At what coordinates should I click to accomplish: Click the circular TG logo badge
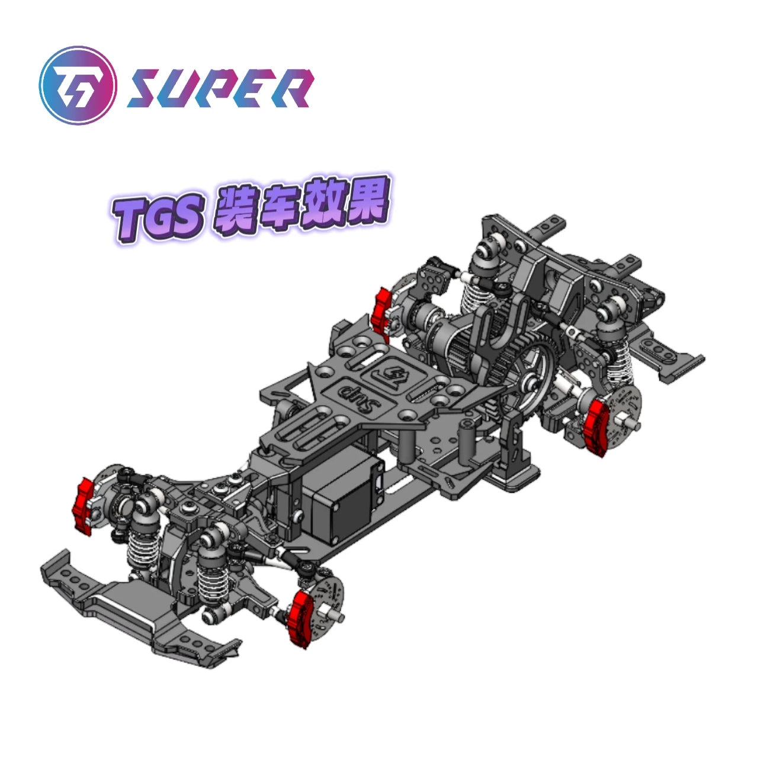coord(76,86)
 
